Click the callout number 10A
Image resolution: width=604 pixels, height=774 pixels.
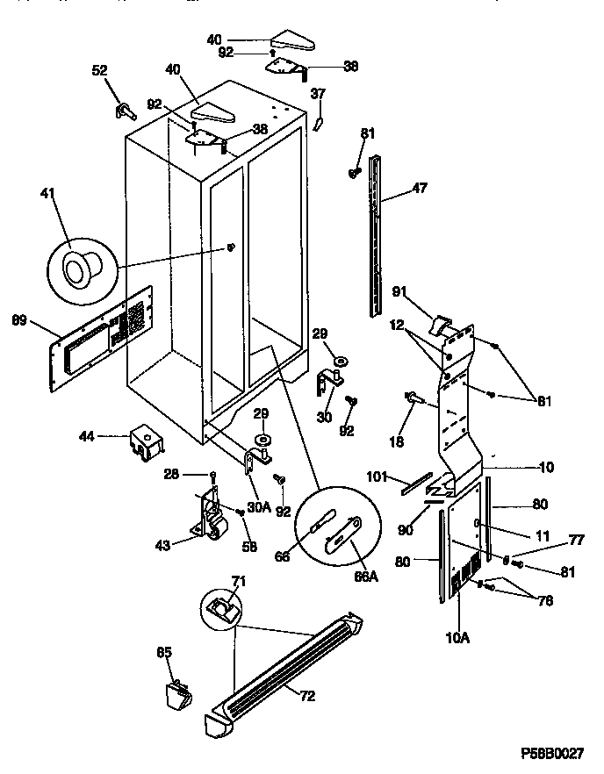458,638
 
